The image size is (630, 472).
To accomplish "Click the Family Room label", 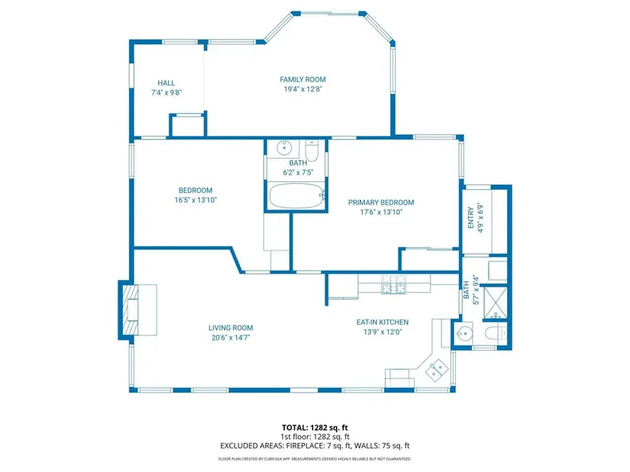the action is pos(302,79).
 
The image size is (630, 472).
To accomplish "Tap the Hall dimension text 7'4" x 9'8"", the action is pos(166,92).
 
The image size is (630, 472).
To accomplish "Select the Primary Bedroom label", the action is pos(381,203).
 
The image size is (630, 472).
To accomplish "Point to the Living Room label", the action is pos(231,328).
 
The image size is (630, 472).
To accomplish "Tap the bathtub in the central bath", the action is pos(296,196).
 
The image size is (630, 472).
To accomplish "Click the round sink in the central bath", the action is pos(284,148).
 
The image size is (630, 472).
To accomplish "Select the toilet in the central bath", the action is pos(312,150).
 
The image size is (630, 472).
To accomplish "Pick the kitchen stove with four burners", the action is pos(394,284).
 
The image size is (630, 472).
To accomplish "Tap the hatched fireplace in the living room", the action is pos(130,310).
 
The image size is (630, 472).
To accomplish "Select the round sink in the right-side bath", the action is pos(465,333).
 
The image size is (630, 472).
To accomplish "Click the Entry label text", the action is pos(471,218).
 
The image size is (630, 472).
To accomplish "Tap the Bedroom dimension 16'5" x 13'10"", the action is pos(195,200).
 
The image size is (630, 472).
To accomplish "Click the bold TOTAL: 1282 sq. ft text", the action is pos(315,428).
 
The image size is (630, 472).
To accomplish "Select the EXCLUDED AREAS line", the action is pos(315,445).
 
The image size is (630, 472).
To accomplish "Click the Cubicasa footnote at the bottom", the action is pos(315,459).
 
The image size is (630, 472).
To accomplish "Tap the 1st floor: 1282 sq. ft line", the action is pos(315,437).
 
